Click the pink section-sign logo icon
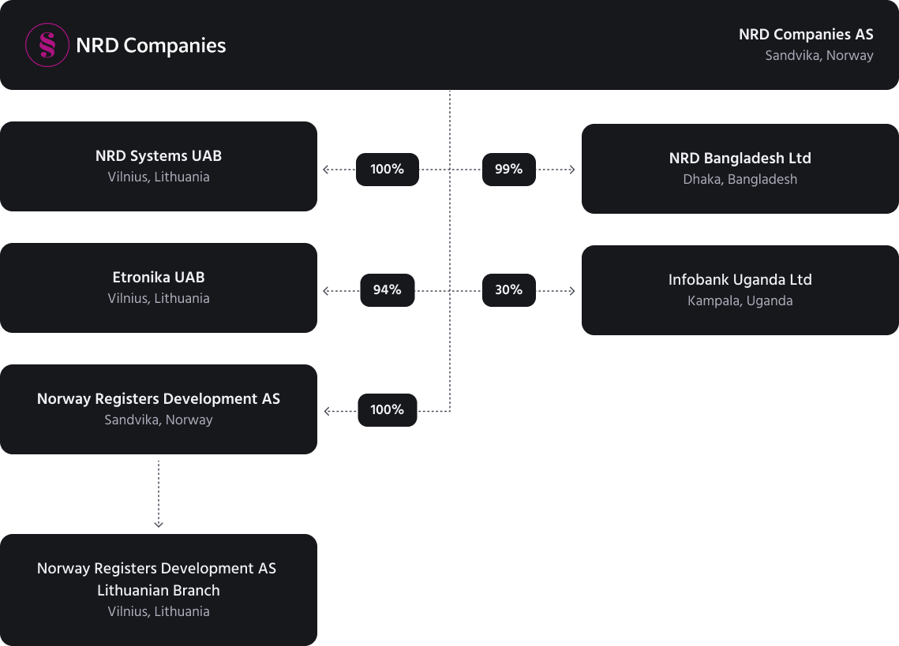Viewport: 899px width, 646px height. pyautogui.click(x=47, y=45)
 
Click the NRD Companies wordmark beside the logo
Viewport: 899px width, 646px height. pyautogui.click(x=151, y=46)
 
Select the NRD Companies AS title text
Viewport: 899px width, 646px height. pyautogui.click(x=806, y=35)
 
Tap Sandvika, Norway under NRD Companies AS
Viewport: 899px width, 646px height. pyautogui.click(x=818, y=55)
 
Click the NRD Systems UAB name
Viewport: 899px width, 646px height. pyautogui.click(x=158, y=156)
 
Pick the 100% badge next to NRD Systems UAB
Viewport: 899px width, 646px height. pyautogui.click(x=387, y=169)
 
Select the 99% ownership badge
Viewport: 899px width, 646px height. pyautogui.click(x=508, y=169)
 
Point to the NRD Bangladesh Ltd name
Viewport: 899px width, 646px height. pyautogui.click(x=740, y=159)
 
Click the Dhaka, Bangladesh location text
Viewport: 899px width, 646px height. pyautogui.click(x=740, y=179)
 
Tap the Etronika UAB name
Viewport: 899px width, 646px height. pyautogui.click(x=158, y=278)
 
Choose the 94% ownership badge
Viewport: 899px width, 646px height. pyautogui.click(x=387, y=290)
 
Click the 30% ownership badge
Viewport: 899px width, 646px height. pyautogui.click(x=508, y=290)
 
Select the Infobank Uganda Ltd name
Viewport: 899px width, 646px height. pyautogui.click(x=740, y=280)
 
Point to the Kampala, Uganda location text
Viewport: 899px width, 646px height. pyautogui.click(x=740, y=301)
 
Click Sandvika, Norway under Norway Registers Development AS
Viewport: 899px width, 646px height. pyautogui.click(x=158, y=420)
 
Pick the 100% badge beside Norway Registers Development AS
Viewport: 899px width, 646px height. pyautogui.click(x=387, y=410)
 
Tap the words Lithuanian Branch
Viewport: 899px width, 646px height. pyautogui.click(x=158, y=591)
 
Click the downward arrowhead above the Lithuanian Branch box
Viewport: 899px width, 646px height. pyautogui.click(x=159, y=524)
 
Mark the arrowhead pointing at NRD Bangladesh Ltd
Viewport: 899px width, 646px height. pyautogui.click(x=571, y=170)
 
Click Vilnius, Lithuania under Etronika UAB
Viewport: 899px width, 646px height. pyautogui.click(x=158, y=299)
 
